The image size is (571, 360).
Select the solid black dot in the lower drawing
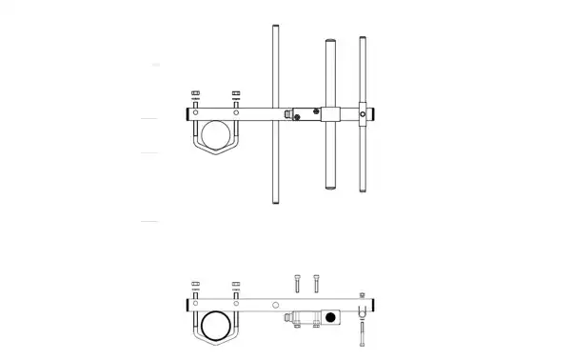coord(331,317)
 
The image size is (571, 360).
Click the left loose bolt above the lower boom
coord(300,283)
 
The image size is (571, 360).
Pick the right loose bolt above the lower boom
coord(315,283)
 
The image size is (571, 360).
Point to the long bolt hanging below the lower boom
coord(363,334)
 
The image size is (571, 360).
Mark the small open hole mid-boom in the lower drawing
coord(275,306)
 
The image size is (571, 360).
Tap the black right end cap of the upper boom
coord(372,113)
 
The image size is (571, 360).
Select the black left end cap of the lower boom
coord(184,306)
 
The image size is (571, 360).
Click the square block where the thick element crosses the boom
coord(330,114)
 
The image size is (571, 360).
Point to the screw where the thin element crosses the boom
coord(363,113)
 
